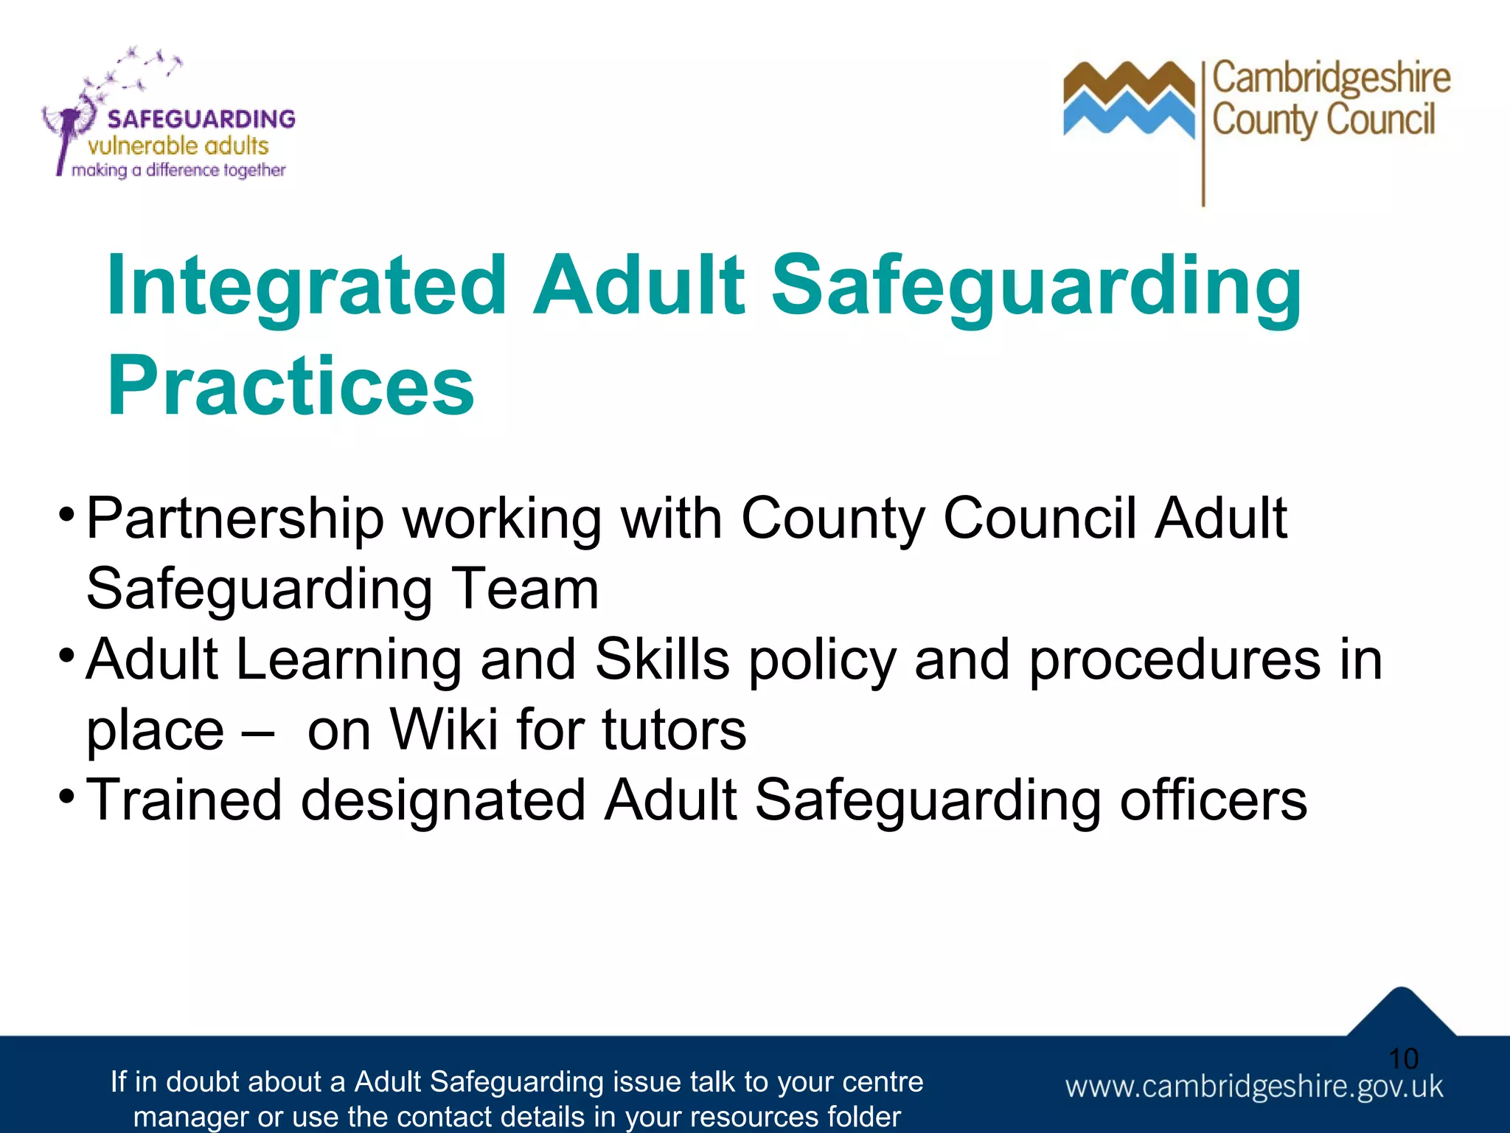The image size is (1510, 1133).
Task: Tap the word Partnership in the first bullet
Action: pos(235,519)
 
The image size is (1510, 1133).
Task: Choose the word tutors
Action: pos(674,730)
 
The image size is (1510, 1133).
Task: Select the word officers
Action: pos(1213,800)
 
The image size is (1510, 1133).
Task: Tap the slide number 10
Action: pos(1403,1059)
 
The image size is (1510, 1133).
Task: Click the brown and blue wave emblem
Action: pos(1128,100)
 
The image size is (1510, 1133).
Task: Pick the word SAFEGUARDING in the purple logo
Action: pos(201,119)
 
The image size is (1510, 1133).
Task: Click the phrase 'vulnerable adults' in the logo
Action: pos(178,146)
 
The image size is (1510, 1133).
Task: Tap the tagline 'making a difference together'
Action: pos(178,170)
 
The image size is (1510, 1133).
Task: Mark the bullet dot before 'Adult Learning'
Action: pos(66,654)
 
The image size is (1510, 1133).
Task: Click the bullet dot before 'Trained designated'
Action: pos(66,796)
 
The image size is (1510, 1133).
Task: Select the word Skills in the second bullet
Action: pos(662,659)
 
